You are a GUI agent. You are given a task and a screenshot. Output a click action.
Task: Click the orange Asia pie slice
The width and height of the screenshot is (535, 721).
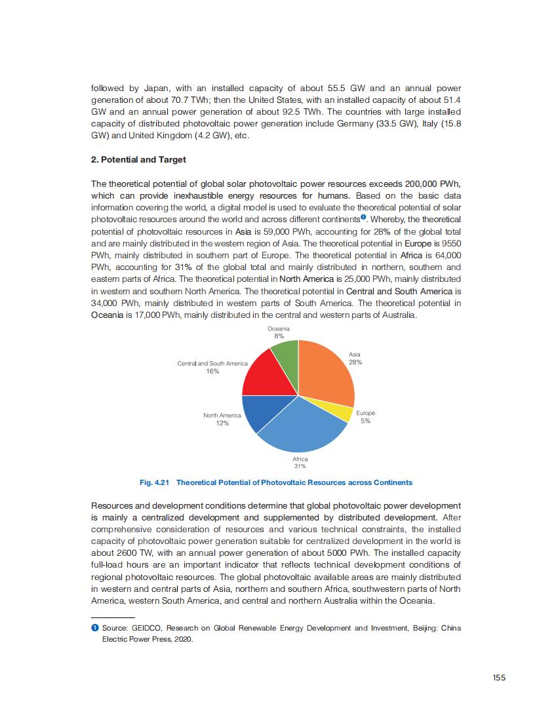click(327, 374)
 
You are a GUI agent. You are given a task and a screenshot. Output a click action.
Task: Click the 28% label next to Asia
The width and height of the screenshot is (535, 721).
click(355, 362)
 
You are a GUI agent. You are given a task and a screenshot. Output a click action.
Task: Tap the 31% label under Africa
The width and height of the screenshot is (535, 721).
click(300, 467)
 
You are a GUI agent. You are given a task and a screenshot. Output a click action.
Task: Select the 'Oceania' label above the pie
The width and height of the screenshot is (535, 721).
click(279, 328)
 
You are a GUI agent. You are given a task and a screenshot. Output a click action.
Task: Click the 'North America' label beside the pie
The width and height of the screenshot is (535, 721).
click(222, 416)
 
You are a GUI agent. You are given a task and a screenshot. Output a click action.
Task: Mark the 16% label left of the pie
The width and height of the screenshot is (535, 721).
click(213, 371)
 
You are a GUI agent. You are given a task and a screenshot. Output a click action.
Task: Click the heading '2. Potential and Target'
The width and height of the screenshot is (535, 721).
click(138, 160)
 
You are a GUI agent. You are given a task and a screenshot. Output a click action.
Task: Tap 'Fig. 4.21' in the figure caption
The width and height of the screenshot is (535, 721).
click(155, 482)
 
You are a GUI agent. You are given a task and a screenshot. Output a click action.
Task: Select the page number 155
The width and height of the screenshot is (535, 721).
click(499, 678)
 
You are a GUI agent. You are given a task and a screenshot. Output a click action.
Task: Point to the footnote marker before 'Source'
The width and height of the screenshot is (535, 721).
click(94, 628)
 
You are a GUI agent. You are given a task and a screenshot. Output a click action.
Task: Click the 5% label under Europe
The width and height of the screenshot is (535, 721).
click(365, 421)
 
